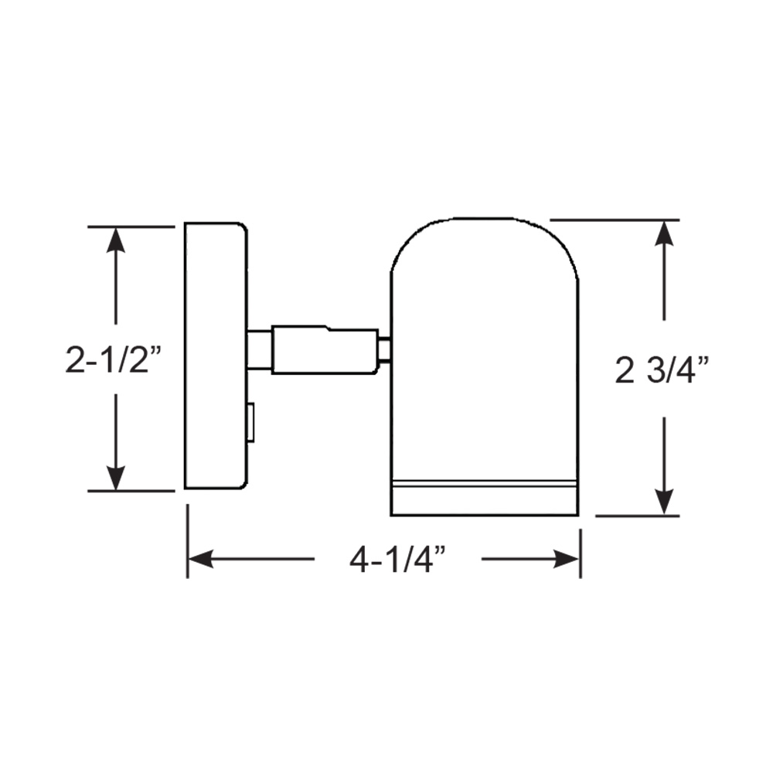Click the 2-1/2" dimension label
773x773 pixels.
click(x=117, y=360)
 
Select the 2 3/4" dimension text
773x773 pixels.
click(x=662, y=372)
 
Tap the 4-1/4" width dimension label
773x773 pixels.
click(x=398, y=559)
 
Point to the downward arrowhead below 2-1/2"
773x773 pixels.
click(x=116, y=478)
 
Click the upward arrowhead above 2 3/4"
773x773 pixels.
click(x=664, y=233)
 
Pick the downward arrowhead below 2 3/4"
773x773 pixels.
click(x=664, y=502)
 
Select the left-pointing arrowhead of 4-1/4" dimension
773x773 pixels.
click(x=201, y=559)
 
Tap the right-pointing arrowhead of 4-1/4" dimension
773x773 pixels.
click(x=567, y=559)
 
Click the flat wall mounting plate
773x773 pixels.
click(x=215, y=356)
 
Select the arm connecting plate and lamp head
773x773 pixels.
click(x=325, y=350)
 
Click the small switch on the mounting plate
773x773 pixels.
click(x=250, y=423)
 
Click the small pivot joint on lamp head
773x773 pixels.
click(x=384, y=350)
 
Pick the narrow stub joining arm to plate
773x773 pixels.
click(x=259, y=350)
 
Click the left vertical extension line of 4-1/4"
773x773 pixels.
click(x=187, y=541)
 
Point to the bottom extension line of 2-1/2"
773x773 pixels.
click(x=131, y=491)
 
